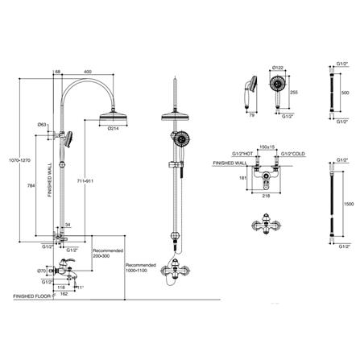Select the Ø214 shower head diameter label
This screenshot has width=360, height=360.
[x=113, y=129]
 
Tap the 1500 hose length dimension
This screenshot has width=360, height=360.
[x=346, y=205]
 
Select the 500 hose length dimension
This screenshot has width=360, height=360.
[x=346, y=93]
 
